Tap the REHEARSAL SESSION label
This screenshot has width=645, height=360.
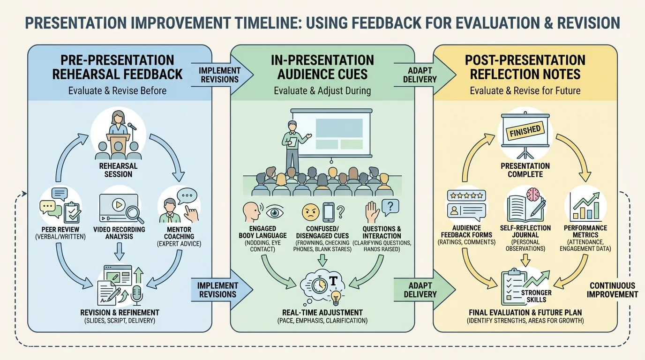coord(115,170)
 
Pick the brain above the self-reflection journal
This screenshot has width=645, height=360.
coord(533,194)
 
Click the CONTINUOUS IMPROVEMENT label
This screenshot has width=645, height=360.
coord(613,290)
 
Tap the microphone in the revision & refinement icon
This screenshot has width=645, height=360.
coord(136,294)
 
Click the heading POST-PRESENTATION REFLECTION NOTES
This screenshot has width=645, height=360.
coord(525,67)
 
